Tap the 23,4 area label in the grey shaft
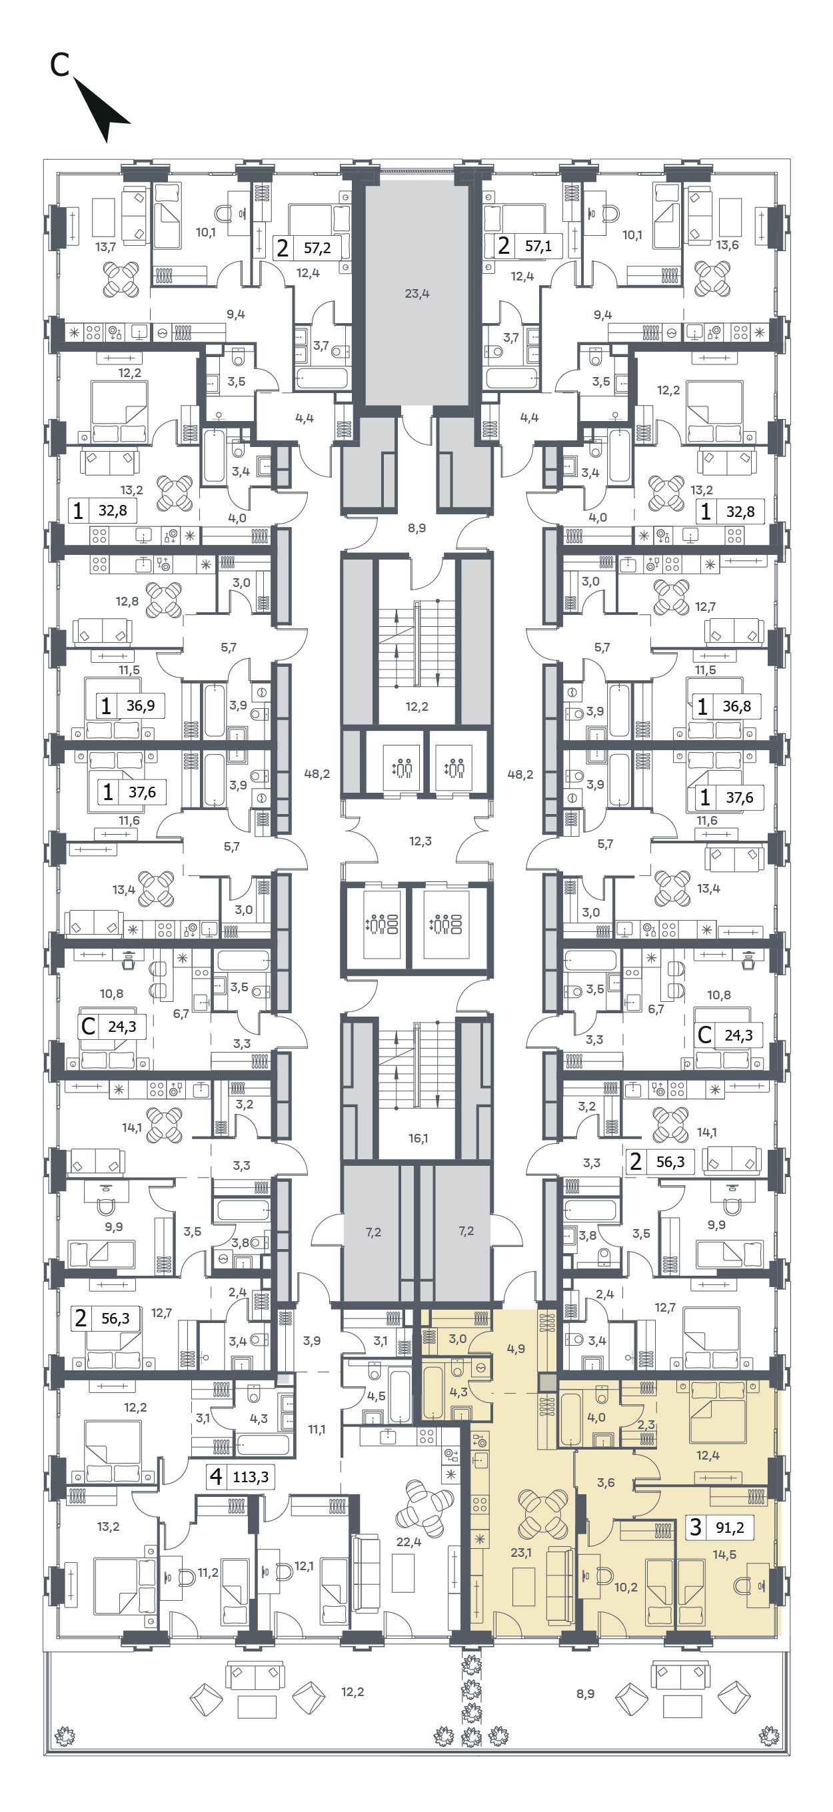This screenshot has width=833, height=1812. point(416,293)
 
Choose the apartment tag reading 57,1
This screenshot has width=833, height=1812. point(528,246)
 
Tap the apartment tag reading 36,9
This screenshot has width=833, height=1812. point(130,705)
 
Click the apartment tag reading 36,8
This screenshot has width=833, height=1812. point(726,705)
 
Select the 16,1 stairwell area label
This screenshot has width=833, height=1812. point(418,1138)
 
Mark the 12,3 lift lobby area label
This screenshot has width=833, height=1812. point(420,841)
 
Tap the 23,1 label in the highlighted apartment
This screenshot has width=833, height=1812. point(520,1552)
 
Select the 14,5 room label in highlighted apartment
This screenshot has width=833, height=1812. point(724,1555)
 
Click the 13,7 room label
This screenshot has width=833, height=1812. point(105,247)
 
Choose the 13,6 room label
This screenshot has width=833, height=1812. point(727,244)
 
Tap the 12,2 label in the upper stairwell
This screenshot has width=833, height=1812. point(416,706)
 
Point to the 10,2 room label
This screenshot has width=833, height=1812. point(626,1568)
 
